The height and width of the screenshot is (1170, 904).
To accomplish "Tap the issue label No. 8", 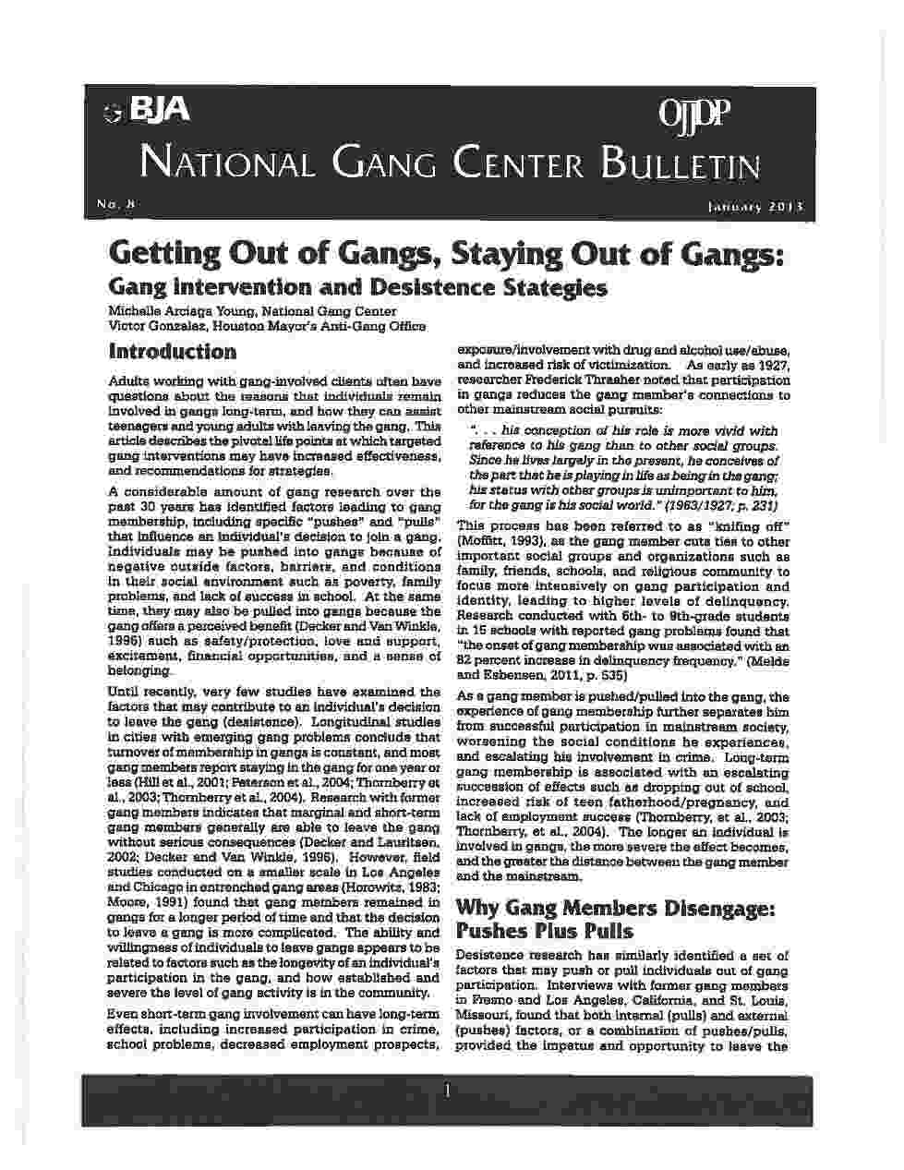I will click(115, 203).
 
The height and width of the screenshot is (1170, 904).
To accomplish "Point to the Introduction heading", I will click(173, 351).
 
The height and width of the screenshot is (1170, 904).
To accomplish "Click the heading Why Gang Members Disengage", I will click(616, 907).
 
